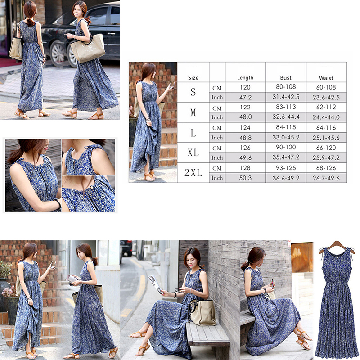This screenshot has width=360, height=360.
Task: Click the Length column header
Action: (x=245, y=78)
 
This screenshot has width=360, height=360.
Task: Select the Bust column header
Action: (x=286, y=78)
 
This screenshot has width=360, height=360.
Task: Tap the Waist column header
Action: (x=326, y=78)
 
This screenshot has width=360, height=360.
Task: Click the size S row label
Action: (x=193, y=92)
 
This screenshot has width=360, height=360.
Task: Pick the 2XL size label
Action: (x=193, y=173)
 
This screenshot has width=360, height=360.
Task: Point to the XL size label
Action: (x=193, y=153)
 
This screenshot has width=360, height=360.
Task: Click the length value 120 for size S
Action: (x=245, y=87)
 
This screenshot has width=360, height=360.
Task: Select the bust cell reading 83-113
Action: (x=286, y=107)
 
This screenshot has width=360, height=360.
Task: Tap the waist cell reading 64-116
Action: (x=326, y=127)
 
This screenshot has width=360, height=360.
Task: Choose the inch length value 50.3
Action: (x=245, y=178)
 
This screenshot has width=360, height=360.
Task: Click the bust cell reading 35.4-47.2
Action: (x=286, y=157)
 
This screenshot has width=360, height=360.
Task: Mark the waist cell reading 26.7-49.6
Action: (x=326, y=178)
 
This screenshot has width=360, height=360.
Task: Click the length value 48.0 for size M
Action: (x=245, y=117)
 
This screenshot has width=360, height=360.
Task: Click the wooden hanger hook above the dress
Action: (x=337, y=244)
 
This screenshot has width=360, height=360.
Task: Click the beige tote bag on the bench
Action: (x=203, y=312)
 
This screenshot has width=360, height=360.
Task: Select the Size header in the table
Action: (x=193, y=78)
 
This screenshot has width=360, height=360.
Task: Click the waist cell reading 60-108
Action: (x=326, y=87)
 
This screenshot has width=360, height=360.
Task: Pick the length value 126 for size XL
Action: (x=245, y=148)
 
